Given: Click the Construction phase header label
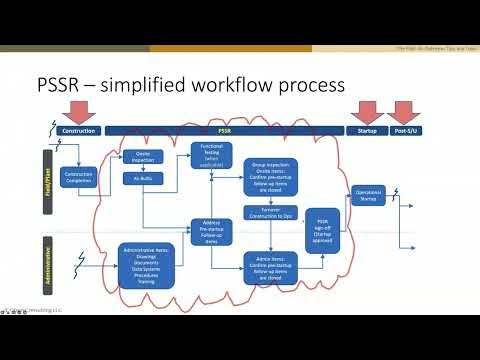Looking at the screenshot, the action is click(x=78, y=131).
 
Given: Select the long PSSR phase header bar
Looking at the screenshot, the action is click(x=224, y=131).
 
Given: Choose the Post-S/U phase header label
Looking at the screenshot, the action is click(x=406, y=131).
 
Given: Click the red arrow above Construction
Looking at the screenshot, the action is click(x=78, y=111).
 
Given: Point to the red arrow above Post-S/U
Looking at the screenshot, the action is click(x=405, y=111).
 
